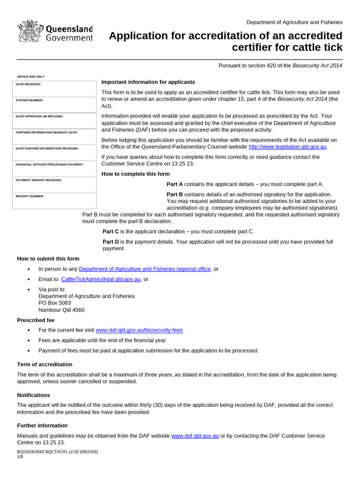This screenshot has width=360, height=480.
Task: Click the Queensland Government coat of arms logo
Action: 30,32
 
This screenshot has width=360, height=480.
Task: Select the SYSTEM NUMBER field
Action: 54,105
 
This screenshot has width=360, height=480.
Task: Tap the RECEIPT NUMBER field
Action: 54,201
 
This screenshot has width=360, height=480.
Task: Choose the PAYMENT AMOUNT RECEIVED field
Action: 54,185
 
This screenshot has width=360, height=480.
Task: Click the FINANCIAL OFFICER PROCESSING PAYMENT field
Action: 54,169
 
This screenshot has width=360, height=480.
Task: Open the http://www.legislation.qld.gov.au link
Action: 287,147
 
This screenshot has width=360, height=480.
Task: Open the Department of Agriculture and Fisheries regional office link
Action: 145,269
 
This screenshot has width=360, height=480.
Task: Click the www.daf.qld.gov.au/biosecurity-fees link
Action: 139,330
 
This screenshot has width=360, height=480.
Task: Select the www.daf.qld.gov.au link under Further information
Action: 195,436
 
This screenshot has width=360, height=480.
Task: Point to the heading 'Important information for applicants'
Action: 148,82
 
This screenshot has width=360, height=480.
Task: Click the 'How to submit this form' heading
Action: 48,259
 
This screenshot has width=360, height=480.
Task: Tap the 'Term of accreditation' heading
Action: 45,365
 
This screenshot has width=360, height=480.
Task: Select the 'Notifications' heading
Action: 34,395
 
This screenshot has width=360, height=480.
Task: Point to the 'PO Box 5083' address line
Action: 54,303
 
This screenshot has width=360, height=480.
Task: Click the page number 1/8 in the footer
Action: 20,457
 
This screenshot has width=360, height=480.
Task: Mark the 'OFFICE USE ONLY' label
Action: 31,76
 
